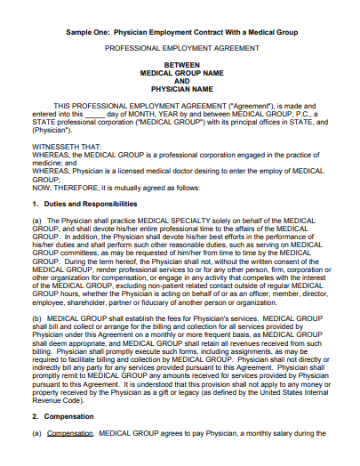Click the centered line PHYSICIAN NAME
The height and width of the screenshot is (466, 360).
tap(181, 89)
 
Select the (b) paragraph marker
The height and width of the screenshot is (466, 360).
tap(36, 317)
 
